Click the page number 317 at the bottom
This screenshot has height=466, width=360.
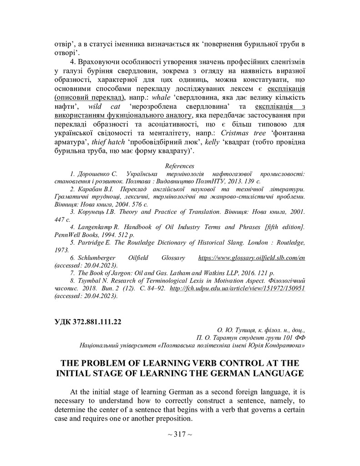(x=180, y=434)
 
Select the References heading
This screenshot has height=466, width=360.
(x=180, y=166)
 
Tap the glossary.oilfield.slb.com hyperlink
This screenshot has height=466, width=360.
(x=251, y=258)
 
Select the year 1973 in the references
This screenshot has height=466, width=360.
(x=62, y=250)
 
